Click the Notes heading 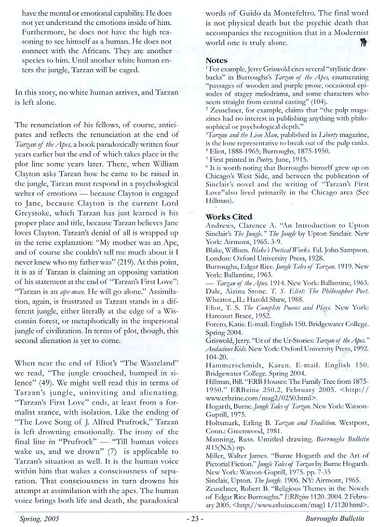click(x=217, y=61)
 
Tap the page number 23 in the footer click(x=193, y=517)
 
